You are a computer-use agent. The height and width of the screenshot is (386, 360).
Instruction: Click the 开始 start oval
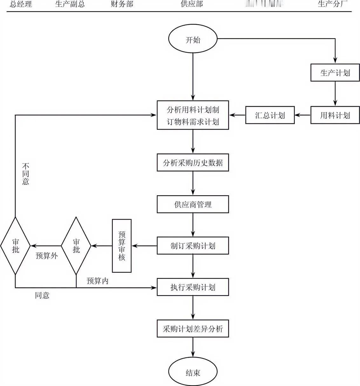pyautogui.click(x=193, y=40)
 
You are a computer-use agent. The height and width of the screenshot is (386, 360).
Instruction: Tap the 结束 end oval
pyautogui.click(x=193, y=372)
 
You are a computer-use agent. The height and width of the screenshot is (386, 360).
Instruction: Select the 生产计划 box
pyautogui.click(x=335, y=73)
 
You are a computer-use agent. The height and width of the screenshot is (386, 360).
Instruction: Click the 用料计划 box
pyautogui.click(x=335, y=115)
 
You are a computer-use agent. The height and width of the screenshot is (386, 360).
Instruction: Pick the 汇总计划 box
pyautogui.click(x=270, y=115)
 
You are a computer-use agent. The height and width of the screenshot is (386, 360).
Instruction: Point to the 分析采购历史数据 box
pyautogui.click(x=193, y=163)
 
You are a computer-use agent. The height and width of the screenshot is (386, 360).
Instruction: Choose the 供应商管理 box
pyautogui.click(x=193, y=204)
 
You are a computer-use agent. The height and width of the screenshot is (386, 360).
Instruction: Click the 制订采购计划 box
pyautogui.click(x=193, y=246)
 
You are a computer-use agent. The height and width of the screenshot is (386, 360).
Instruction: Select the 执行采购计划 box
pyautogui.click(x=193, y=287)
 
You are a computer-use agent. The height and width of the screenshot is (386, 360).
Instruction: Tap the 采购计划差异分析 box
pyautogui.click(x=193, y=329)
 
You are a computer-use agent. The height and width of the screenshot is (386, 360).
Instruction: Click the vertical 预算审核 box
pyautogui.click(x=122, y=246)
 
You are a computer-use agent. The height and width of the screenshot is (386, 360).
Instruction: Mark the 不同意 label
pyautogui.click(x=25, y=174)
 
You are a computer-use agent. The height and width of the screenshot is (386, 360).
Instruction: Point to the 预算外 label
pyautogui.click(x=47, y=256)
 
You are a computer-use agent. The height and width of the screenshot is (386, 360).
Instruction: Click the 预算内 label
pyautogui.click(x=97, y=281)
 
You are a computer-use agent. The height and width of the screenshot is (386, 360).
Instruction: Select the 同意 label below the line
pyautogui.click(x=42, y=295)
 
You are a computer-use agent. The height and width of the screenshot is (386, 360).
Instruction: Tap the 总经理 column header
pyautogui.click(x=21, y=4)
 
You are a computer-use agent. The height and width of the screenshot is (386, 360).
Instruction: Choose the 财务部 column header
pyautogui.click(x=122, y=4)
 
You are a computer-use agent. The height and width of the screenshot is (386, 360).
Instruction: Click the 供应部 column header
pyautogui.click(x=192, y=4)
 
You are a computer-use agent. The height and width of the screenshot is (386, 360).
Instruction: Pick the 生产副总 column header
pyautogui.click(x=70, y=4)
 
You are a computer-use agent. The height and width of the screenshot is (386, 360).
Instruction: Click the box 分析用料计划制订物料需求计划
pyautogui.click(x=193, y=115)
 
